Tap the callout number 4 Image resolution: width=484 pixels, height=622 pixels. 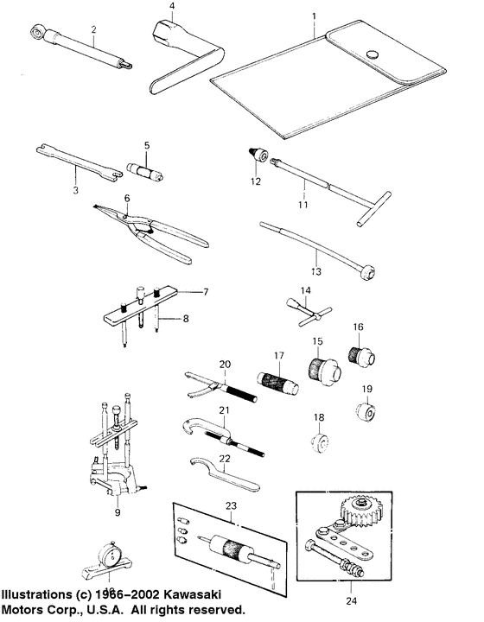(x=172, y=7)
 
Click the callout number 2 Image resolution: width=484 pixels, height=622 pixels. (x=93, y=29)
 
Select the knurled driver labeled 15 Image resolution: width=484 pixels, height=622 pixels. (x=322, y=372)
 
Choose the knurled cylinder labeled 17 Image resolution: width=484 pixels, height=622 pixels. (x=275, y=382)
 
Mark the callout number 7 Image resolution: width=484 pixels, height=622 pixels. (x=207, y=292)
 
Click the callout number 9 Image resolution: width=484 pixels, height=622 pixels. (x=117, y=512)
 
